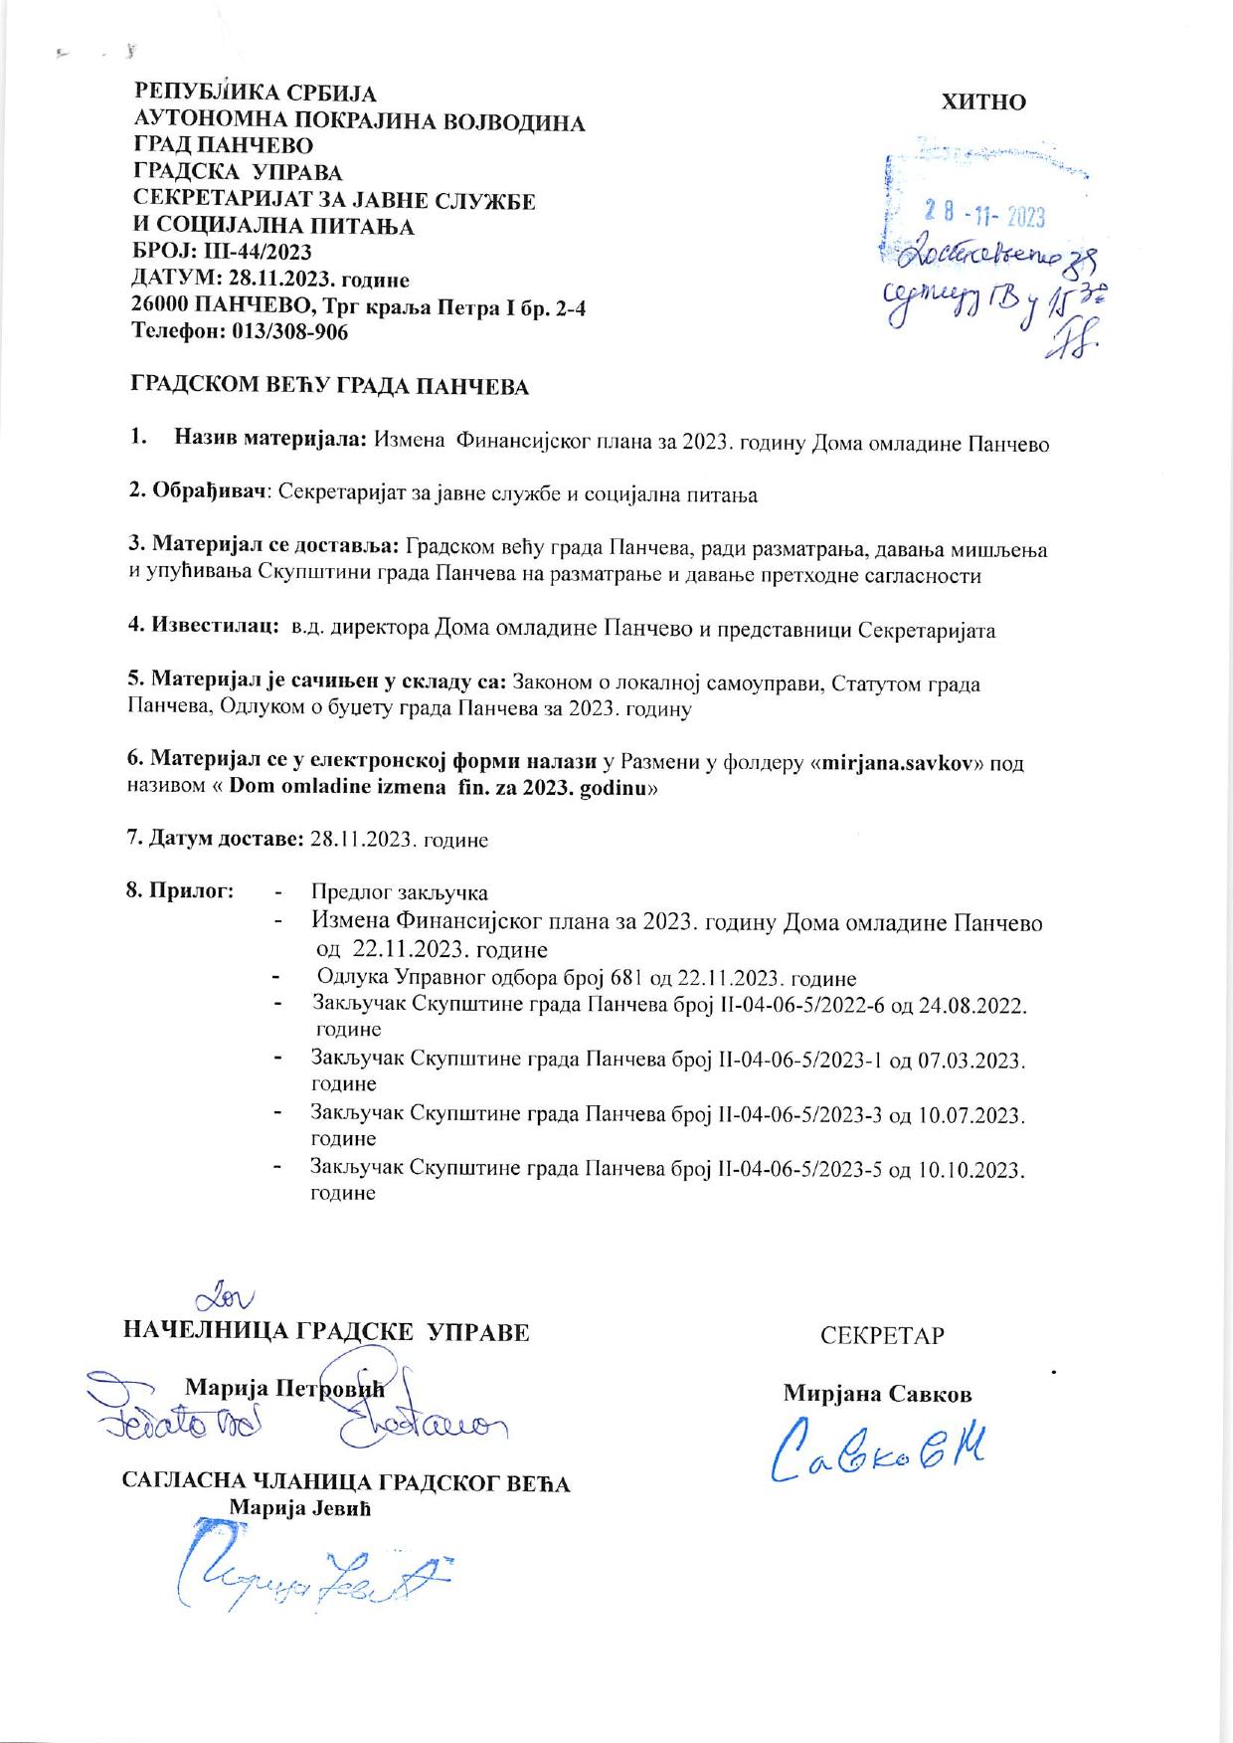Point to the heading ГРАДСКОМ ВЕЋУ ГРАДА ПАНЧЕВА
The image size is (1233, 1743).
coord(329,387)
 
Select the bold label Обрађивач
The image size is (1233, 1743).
coord(210,493)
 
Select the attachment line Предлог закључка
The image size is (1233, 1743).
coord(399,892)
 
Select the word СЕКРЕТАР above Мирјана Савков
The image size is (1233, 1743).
coord(882,1336)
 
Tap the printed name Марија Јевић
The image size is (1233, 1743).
coord(299,1507)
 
